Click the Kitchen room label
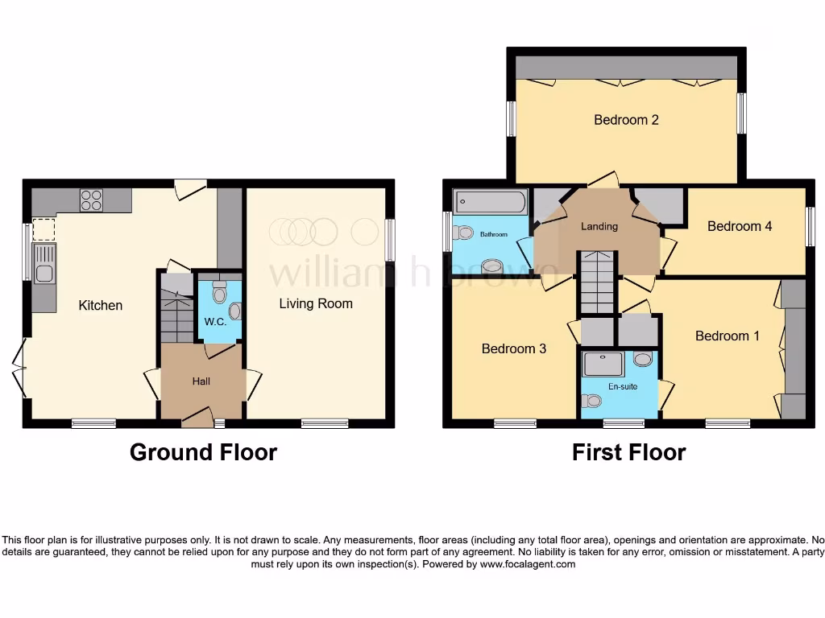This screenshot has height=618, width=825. [101, 305]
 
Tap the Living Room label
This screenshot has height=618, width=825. [316, 303]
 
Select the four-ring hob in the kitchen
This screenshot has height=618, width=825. [91, 200]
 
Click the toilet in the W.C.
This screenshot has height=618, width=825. [219, 295]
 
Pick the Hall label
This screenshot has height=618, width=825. [201, 381]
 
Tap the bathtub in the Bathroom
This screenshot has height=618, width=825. [490, 201]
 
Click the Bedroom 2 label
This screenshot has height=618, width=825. [626, 120]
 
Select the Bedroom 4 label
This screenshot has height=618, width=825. [740, 226]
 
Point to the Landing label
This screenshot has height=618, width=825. [599, 226]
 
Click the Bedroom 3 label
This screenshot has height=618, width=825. [514, 348]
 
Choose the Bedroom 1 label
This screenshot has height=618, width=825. [727, 336]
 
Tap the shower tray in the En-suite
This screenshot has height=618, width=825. [603, 364]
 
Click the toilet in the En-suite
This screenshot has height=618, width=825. [594, 400]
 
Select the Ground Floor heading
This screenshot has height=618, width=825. [203, 452]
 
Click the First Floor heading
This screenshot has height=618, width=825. [628, 452]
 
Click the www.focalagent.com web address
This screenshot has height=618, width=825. [527, 564]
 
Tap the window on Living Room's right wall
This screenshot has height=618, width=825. [390, 240]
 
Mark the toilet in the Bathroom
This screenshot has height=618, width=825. [462, 233]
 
